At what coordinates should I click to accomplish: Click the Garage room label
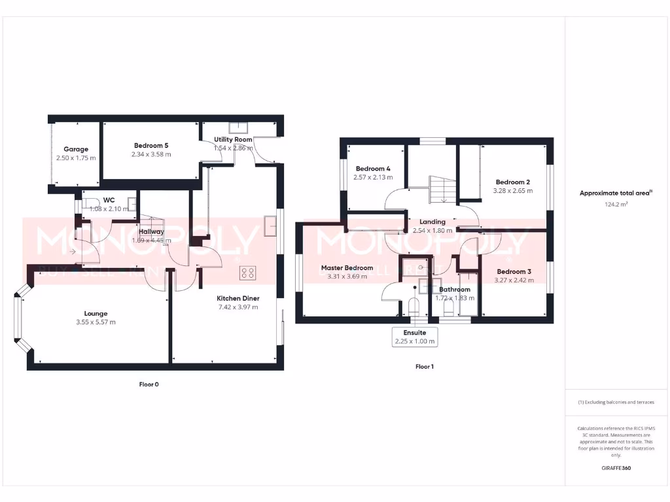[x=76, y=150]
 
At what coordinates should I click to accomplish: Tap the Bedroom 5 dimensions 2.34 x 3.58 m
[x=151, y=155]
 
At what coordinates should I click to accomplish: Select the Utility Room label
[x=233, y=140]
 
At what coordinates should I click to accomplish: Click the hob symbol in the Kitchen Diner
[x=248, y=273]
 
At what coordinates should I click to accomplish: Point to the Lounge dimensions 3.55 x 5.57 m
[x=96, y=322]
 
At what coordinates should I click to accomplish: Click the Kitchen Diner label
[x=238, y=298]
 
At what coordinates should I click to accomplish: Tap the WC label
[x=108, y=201]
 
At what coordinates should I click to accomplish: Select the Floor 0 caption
[x=149, y=384]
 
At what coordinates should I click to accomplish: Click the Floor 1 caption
[x=424, y=367]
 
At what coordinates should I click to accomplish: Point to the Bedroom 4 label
[x=373, y=169]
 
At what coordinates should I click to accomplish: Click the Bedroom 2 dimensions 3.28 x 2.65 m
[x=512, y=191]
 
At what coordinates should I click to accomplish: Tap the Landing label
[x=432, y=222]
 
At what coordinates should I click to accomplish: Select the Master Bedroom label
[x=347, y=268]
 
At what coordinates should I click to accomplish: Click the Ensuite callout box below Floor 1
[x=415, y=337]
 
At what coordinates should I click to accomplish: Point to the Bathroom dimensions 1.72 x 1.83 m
[x=455, y=298]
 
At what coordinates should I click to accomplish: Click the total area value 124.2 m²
[x=615, y=204]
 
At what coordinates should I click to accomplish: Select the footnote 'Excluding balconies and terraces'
[x=616, y=402]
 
